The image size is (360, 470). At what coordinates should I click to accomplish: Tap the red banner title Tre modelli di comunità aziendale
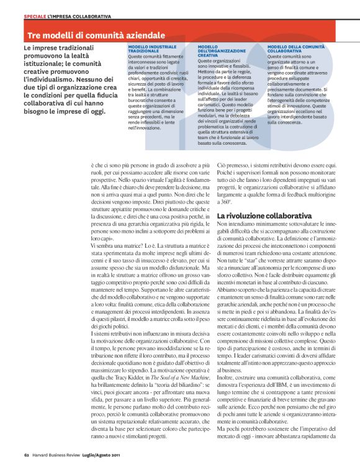[96, 35]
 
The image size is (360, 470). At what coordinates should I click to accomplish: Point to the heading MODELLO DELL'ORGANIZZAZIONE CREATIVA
[217, 51]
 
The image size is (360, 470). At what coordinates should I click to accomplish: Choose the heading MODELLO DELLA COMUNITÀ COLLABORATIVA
[295, 49]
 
